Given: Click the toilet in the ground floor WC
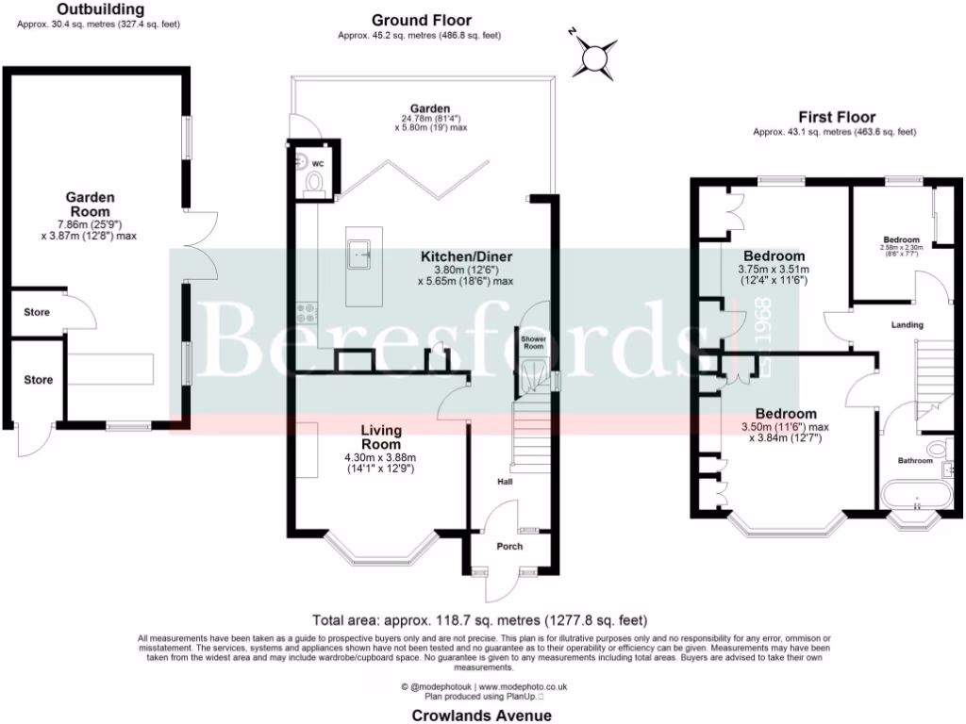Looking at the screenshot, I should (x=315, y=182).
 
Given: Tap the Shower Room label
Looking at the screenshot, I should (x=534, y=341).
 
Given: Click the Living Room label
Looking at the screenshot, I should (x=381, y=437).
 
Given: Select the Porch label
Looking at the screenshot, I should (x=509, y=547).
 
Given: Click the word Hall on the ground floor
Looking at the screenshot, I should (x=506, y=483).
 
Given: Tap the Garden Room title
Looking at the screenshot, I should (x=90, y=205).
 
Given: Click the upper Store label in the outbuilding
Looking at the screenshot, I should (x=38, y=312).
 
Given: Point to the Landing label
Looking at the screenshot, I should (x=907, y=325).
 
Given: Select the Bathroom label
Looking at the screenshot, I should (x=914, y=461).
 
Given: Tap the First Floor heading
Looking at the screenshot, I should (x=834, y=118).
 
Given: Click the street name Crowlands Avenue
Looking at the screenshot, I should (x=481, y=716).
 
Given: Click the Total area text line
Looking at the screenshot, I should (x=481, y=620).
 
